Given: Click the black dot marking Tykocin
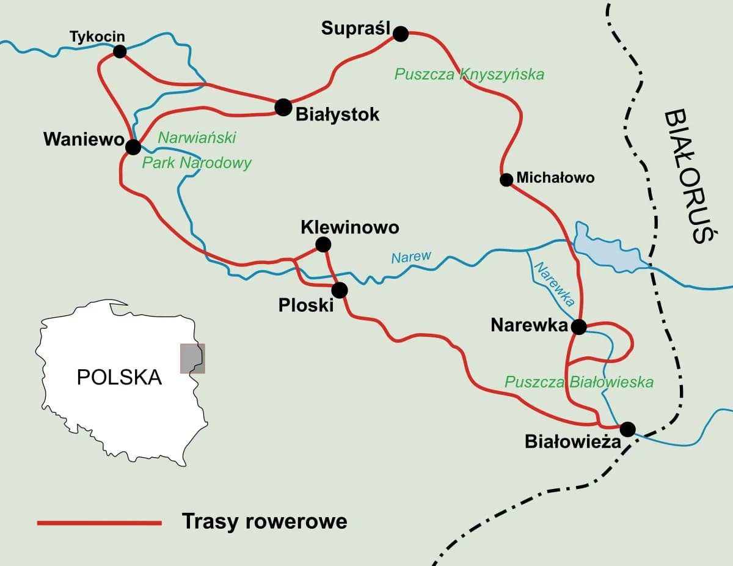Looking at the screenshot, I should (x=120, y=51).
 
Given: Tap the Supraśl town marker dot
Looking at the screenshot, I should (x=400, y=34).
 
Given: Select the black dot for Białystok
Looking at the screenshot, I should (x=283, y=108).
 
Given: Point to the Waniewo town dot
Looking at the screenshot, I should (x=133, y=147).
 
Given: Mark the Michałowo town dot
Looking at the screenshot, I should (x=506, y=180).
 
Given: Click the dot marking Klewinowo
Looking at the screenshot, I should (x=323, y=244).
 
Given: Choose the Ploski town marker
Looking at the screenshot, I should (x=340, y=290).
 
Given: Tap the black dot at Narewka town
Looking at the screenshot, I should (x=578, y=326).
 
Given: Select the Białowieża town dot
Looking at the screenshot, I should (x=627, y=428).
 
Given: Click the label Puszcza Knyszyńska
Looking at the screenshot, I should (x=469, y=75).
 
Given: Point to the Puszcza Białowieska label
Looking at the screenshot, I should (x=578, y=382).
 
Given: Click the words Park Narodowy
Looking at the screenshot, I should (x=197, y=163).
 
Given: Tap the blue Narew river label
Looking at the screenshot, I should (x=411, y=257).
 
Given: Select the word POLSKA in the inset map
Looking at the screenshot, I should (x=119, y=377).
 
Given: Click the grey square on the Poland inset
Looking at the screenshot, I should (x=192, y=358).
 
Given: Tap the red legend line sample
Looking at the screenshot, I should (x=99, y=523).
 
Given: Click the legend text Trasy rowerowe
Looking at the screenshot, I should (x=264, y=521).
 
